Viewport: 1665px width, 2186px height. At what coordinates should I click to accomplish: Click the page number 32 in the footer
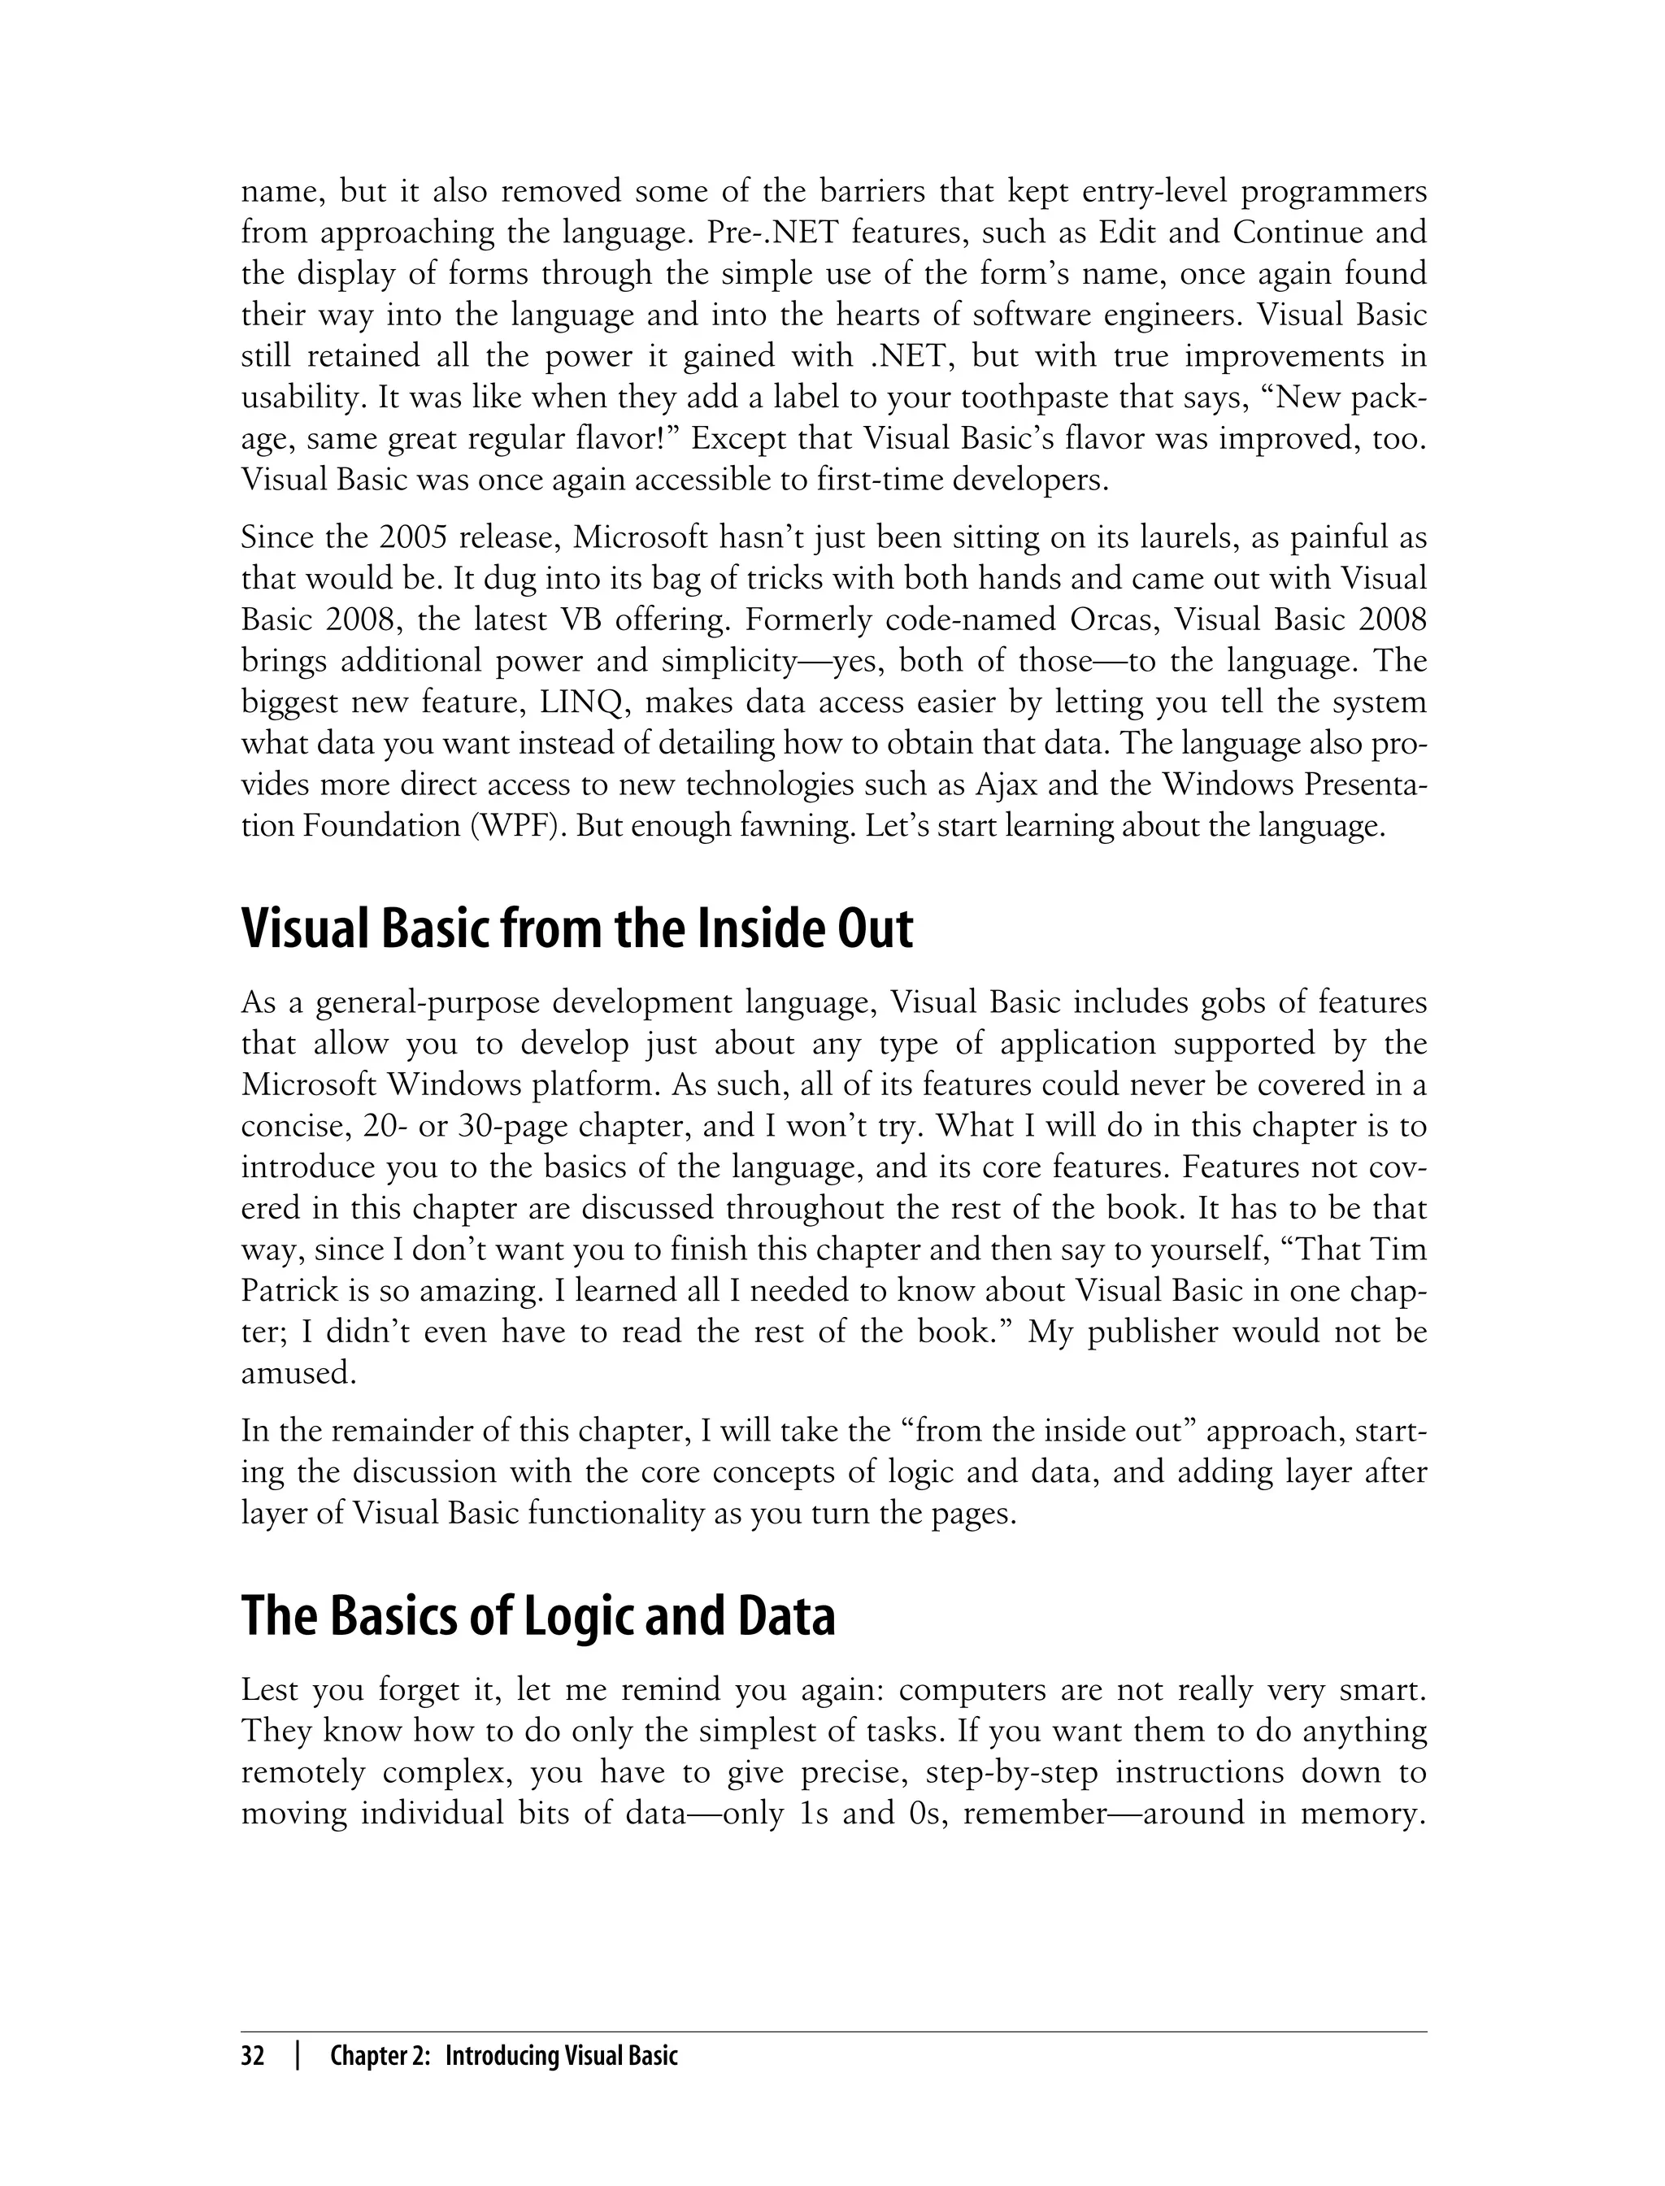pos(253,2056)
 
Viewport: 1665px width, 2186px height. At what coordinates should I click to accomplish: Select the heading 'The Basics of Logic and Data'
pos(538,1616)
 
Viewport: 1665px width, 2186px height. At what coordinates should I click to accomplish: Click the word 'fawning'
pos(797,827)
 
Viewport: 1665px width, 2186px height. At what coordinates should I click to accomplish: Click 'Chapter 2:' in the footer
pos(380,2056)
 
